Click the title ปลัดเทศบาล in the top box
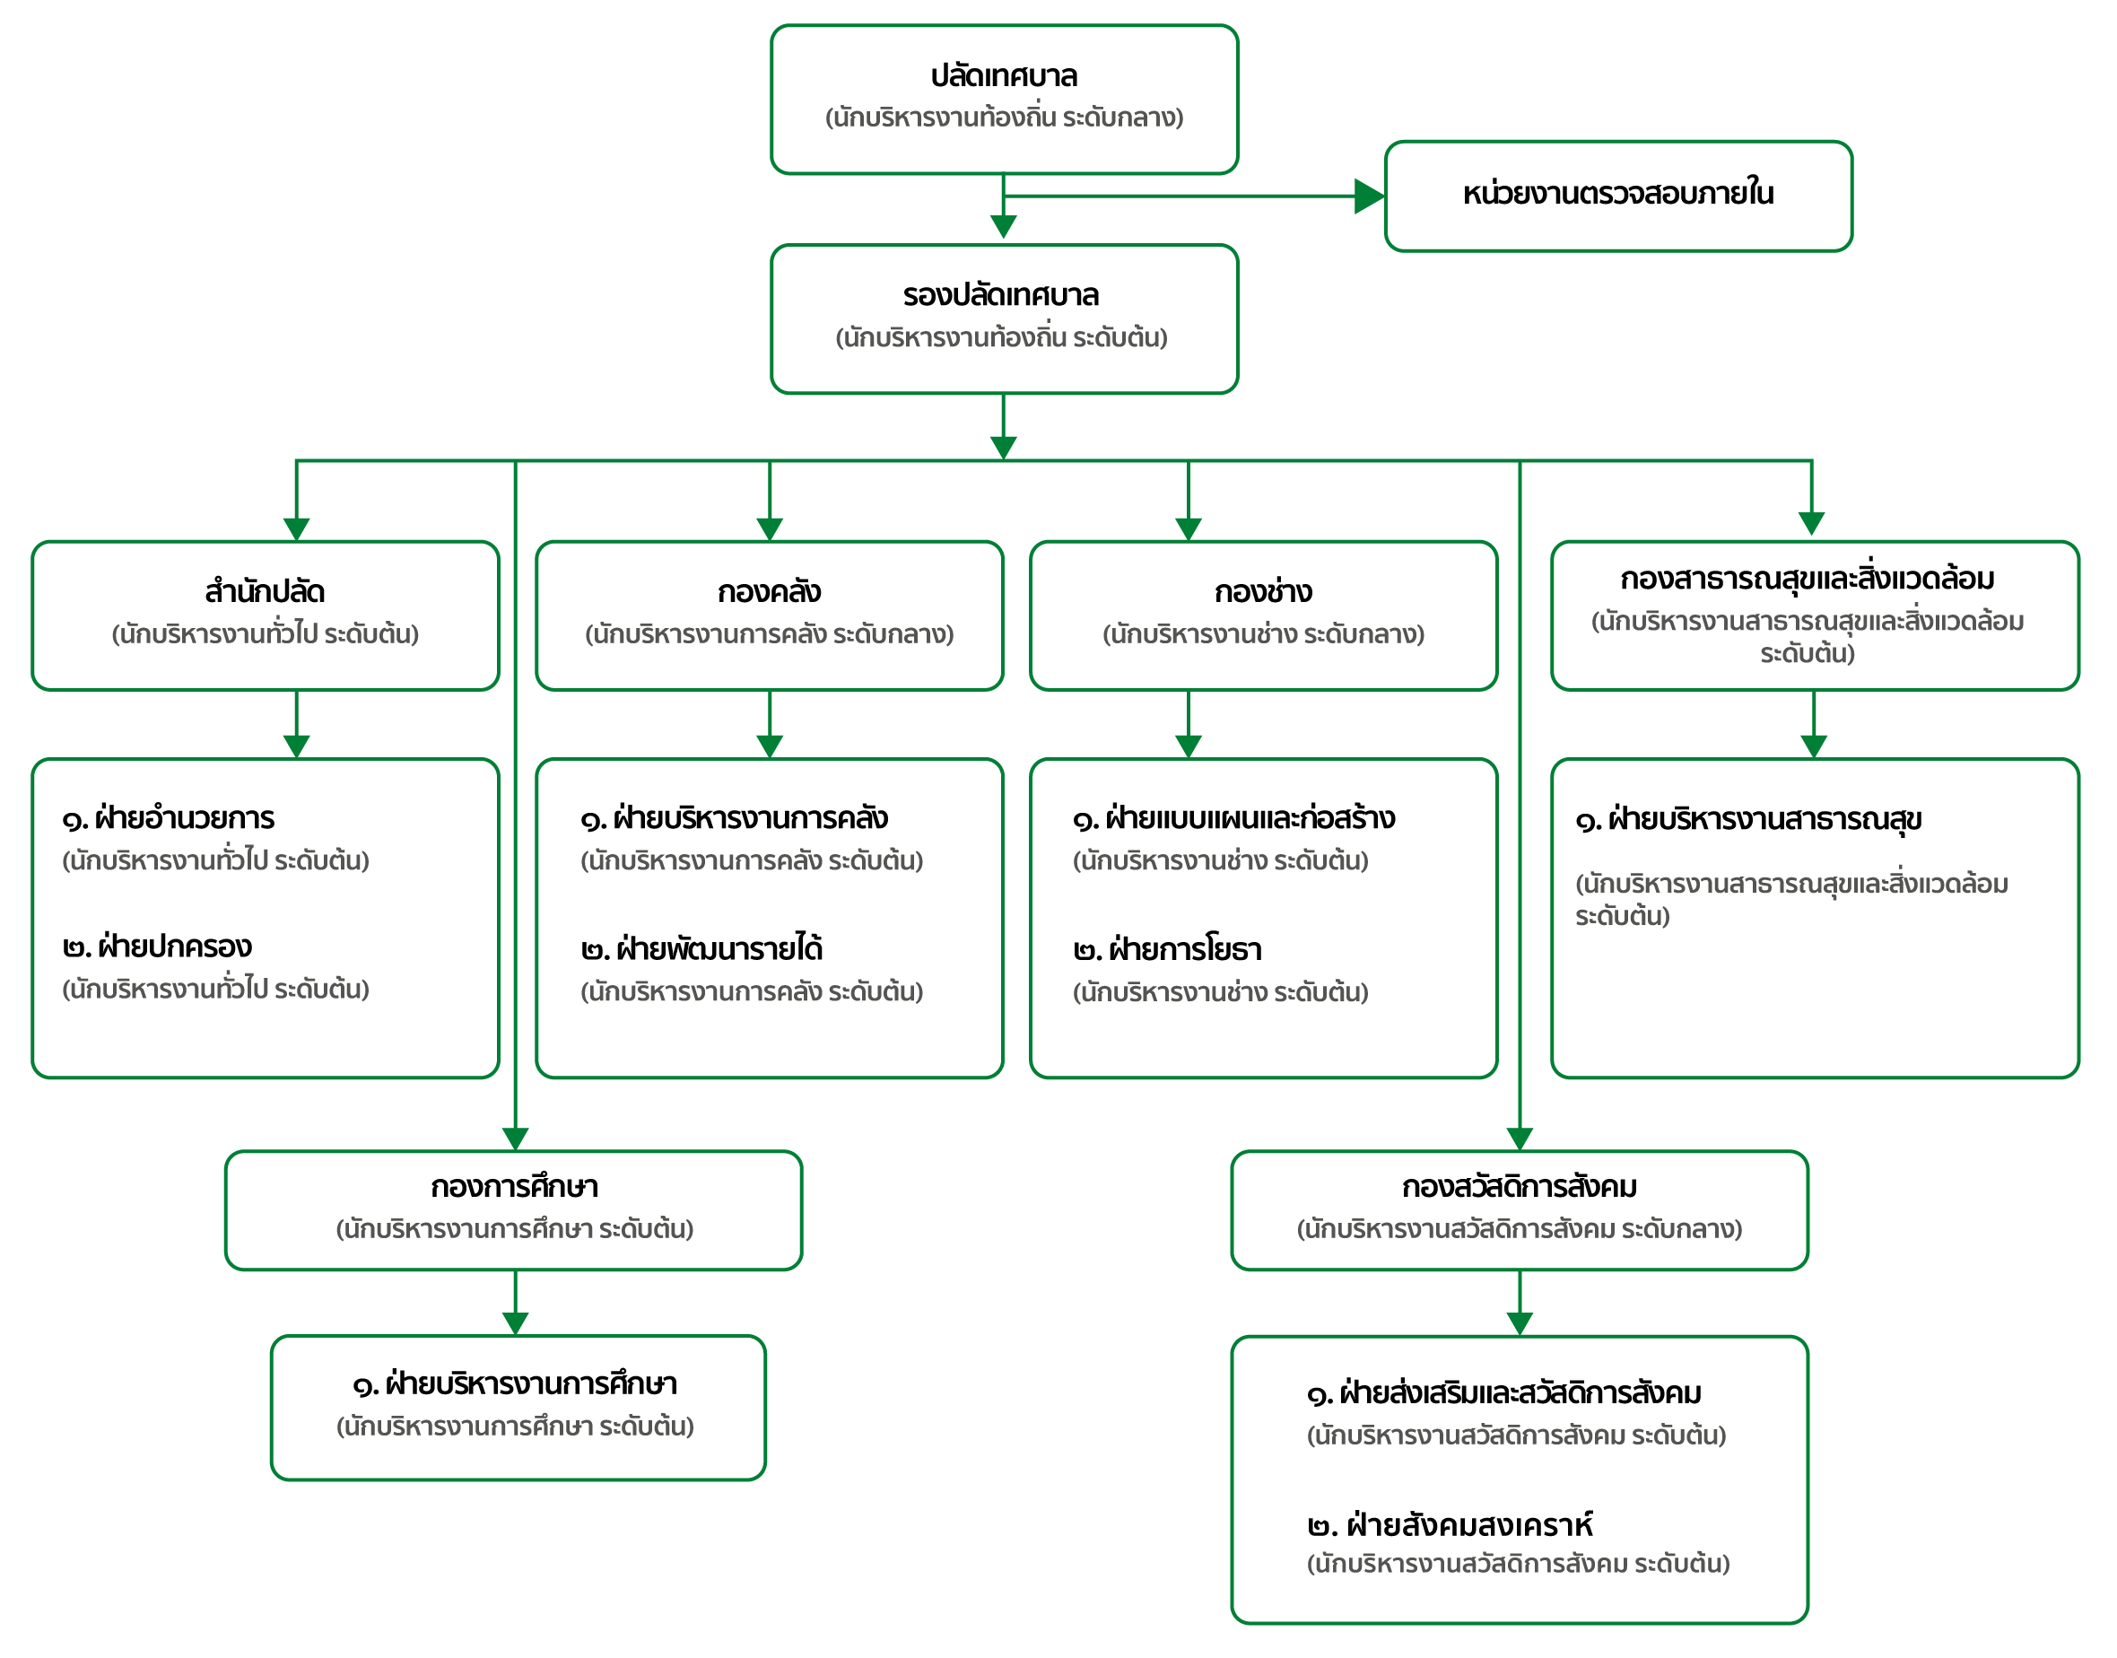[1004, 75]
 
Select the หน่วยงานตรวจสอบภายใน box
[1618, 196]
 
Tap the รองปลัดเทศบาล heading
[1001, 295]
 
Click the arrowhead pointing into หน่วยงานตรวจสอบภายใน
[1370, 196]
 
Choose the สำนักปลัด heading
[265, 591]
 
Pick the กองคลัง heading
[769, 591]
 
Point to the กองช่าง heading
[1263, 591]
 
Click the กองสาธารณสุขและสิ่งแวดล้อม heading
[1808, 579]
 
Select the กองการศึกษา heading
[514, 1186]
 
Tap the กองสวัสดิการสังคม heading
[1519, 1186]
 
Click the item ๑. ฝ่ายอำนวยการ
[169, 818]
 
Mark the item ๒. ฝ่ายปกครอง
[157, 947]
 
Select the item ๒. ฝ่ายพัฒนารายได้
[701, 948]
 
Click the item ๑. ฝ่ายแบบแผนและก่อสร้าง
[1233, 818]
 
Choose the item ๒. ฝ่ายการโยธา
[1168, 949]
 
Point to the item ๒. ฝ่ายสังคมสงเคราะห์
[1451, 1525]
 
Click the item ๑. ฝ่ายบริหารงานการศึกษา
[514, 1383]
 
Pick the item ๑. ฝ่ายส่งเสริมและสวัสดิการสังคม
[1504, 1394]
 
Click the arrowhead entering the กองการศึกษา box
[516, 1139]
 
